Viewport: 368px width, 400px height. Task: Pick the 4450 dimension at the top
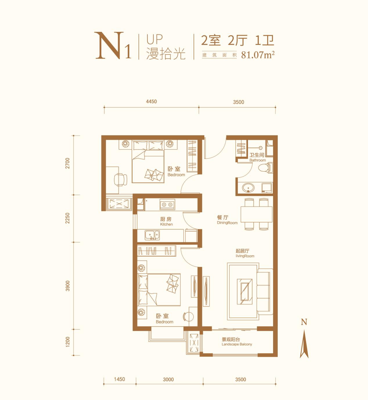click(151, 101)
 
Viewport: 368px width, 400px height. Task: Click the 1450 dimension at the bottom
click(119, 379)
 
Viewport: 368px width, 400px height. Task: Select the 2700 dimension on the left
click(68, 163)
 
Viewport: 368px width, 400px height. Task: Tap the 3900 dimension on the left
click(68, 286)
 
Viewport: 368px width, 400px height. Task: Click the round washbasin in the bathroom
click(248, 188)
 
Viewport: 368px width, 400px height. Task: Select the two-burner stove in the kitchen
click(167, 204)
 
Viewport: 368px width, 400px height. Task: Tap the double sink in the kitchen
click(152, 235)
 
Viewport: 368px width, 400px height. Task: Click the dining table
click(256, 214)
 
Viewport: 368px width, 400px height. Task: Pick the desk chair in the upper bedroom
click(120, 180)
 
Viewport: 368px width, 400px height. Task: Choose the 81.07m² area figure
click(258, 54)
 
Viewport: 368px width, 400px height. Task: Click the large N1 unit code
click(113, 46)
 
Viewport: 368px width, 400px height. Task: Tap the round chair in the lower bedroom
click(188, 316)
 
